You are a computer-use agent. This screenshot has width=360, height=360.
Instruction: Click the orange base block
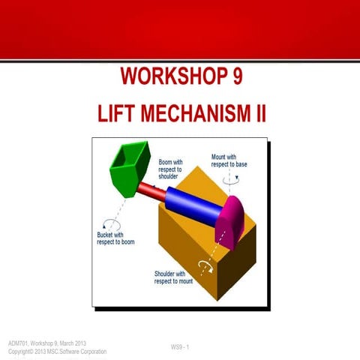(195, 255)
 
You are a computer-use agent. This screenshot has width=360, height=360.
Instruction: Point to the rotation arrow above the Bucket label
(113, 223)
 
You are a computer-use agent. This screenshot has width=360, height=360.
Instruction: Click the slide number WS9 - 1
(180, 346)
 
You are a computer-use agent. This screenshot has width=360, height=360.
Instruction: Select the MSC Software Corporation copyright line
(57, 351)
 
